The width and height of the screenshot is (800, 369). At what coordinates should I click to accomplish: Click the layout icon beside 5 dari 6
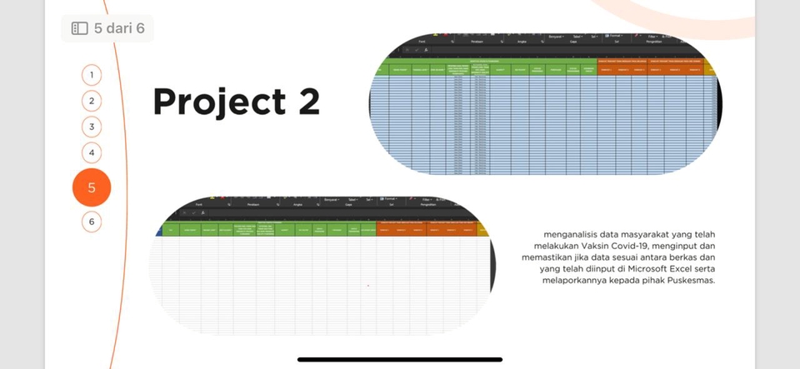(80, 28)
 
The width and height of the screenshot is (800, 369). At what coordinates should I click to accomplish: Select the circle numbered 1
(92, 75)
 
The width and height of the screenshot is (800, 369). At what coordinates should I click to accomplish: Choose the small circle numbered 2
(92, 101)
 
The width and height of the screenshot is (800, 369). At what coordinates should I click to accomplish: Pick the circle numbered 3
(92, 127)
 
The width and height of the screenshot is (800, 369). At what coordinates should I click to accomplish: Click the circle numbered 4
(92, 153)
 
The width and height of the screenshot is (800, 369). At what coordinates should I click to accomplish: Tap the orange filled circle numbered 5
(92, 187)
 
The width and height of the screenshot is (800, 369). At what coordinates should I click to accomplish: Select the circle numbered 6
(92, 222)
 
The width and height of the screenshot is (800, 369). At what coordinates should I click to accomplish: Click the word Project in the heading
(212, 102)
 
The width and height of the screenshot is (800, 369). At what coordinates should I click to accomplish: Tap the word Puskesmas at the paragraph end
(691, 281)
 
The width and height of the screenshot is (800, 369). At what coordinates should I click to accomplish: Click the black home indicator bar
(400, 360)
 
